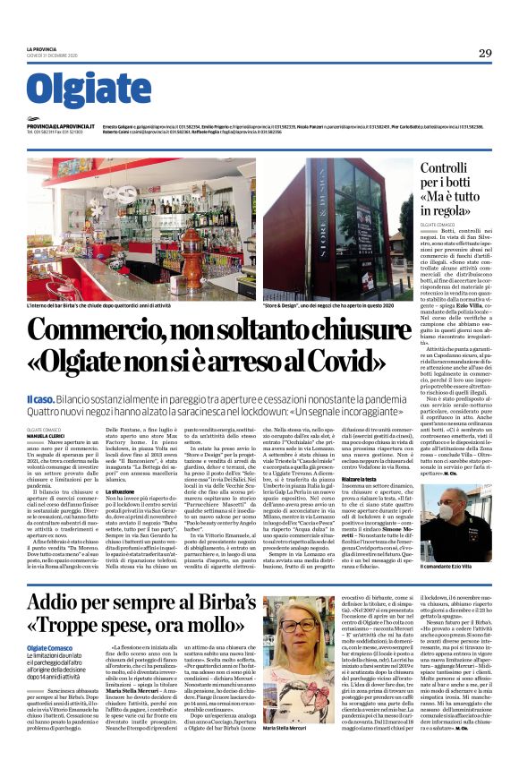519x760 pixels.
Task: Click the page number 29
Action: tap(483, 53)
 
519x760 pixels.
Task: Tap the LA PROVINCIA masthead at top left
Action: tap(40, 50)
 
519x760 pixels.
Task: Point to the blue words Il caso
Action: tap(41, 397)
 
